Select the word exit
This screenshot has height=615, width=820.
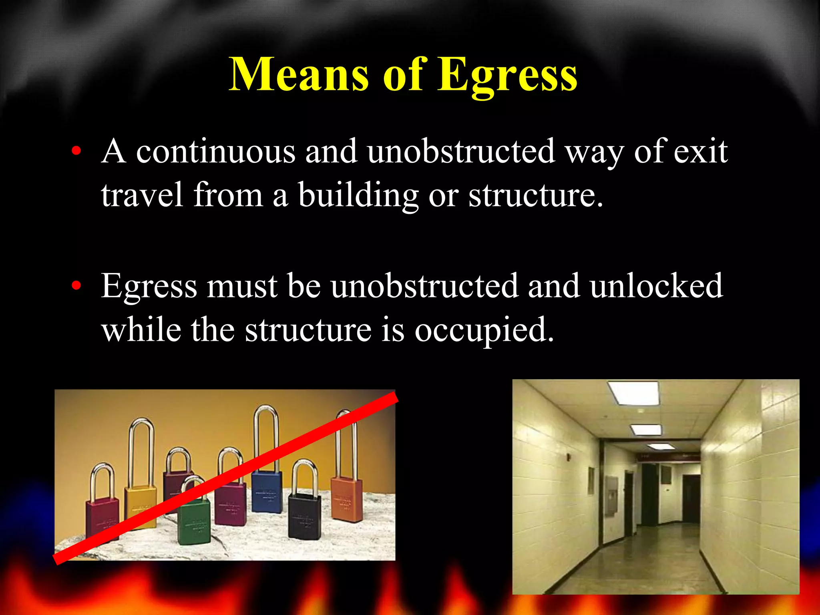coord(701,152)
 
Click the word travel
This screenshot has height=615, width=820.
coord(142,195)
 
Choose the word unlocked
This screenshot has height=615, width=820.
coord(657,286)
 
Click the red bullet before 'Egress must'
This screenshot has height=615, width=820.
coord(76,286)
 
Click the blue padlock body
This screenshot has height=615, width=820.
coord(267,491)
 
